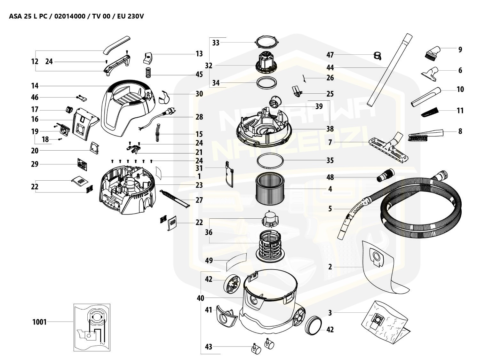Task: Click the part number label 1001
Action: click(x=39, y=322)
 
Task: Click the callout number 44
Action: click(x=330, y=67)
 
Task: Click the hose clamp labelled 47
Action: click(x=378, y=56)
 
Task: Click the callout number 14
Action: click(x=35, y=86)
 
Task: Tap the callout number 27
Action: click(x=199, y=200)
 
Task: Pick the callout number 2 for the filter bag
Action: click(x=330, y=267)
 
